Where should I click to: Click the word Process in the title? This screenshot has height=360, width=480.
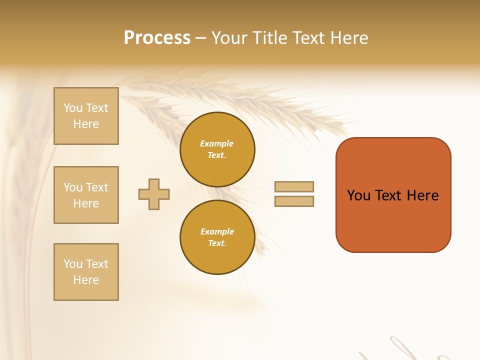[x=157, y=38]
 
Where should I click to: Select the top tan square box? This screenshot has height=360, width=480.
[x=86, y=116]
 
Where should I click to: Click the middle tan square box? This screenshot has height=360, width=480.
[x=86, y=195]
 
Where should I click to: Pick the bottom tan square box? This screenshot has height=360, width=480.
[x=86, y=272]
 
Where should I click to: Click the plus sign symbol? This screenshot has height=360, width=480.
[x=154, y=194]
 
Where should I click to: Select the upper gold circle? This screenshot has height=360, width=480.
[x=217, y=149]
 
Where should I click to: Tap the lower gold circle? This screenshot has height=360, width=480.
[x=217, y=237]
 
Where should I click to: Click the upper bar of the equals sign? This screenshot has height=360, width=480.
[x=294, y=187]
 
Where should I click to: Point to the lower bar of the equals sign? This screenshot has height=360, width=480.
[x=294, y=201]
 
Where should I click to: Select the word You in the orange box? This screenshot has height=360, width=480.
[x=358, y=195]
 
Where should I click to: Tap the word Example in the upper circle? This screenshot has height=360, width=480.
[x=216, y=143]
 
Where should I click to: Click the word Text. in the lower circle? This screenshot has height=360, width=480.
[x=217, y=243]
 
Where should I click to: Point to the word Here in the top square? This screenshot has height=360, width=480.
[x=86, y=124]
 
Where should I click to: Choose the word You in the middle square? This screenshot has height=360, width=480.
[x=72, y=187]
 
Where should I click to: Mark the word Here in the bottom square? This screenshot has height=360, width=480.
[x=86, y=280]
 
